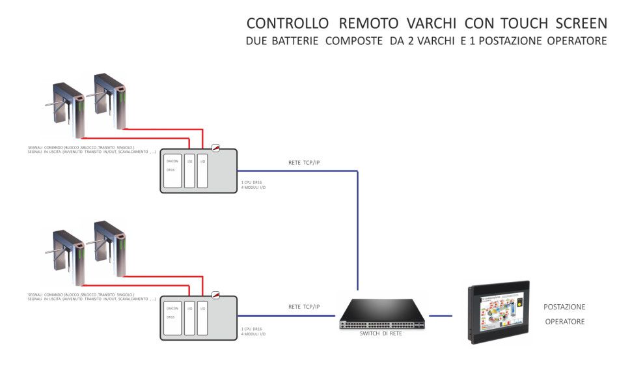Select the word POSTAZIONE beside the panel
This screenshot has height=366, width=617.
(x=564, y=307)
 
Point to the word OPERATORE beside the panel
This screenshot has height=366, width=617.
(x=564, y=322)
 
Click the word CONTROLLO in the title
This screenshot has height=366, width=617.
(x=287, y=24)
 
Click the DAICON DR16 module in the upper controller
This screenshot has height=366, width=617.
(x=172, y=170)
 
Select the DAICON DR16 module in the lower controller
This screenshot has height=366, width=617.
(x=172, y=316)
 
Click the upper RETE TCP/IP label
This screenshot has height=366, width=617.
(x=303, y=162)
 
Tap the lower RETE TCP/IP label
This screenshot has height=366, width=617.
(x=303, y=306)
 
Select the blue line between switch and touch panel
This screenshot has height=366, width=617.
(x=441, y=316)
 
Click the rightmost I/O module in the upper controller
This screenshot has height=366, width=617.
(x=202, y=170)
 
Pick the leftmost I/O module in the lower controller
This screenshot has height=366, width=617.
(x=189, y=316)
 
